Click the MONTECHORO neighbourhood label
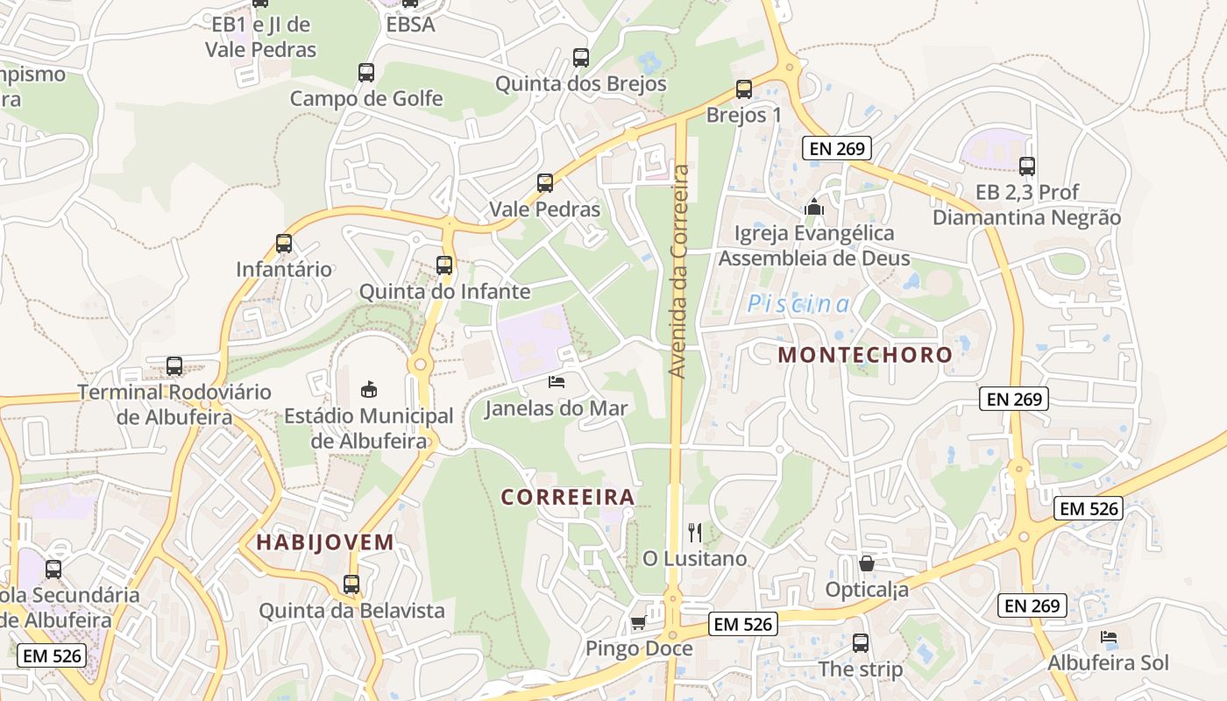(864, 355)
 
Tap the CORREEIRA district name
(568, 497)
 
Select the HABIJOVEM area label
(325, 542)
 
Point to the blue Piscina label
(798, 304)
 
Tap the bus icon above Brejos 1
(744, 89)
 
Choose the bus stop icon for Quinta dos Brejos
(581, 58)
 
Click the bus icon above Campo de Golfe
(366, 73)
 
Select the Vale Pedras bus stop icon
(545, 183)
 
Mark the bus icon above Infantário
(284, 244)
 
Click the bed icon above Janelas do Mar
(557, 382)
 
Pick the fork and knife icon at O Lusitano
(695, 532)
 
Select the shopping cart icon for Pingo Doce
(639, 622)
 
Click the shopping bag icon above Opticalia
(867, 563)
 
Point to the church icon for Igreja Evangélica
(814, 208)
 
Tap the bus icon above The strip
(861, 643)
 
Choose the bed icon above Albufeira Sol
(1109, 636)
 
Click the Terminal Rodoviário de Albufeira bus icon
(174, 366)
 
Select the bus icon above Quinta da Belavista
(351, 584)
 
